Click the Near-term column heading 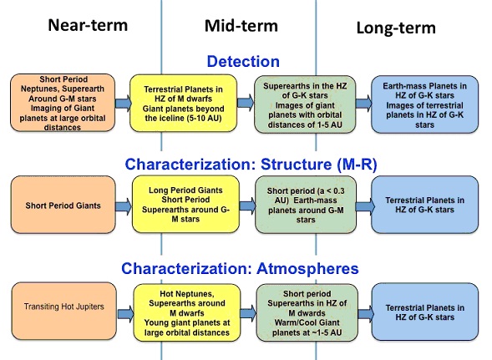(88, 25)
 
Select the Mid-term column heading (241, 26)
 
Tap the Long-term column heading (396, 28)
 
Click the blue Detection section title (243, 61)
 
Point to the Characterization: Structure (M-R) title (251, 165)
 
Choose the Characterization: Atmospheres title (240, 269)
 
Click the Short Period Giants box (63, 205)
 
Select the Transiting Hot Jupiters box (64, 311)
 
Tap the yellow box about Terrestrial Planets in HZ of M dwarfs (183, 104)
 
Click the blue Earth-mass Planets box (425, 104)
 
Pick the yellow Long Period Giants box (185, 204)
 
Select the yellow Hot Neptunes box (187, 312)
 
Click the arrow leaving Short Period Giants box (124, 206)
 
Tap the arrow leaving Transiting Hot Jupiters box (125, 313)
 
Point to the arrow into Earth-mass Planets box (363, 104)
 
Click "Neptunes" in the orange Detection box (38, 89)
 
